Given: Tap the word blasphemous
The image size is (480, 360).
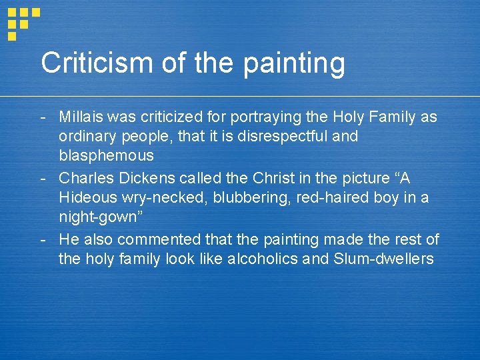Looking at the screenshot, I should tap(106, 156).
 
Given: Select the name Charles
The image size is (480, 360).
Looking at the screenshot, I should tap(85, 178).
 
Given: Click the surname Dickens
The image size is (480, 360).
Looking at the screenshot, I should tap(143, 178).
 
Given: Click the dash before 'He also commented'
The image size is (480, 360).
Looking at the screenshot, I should tap(43, 239).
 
